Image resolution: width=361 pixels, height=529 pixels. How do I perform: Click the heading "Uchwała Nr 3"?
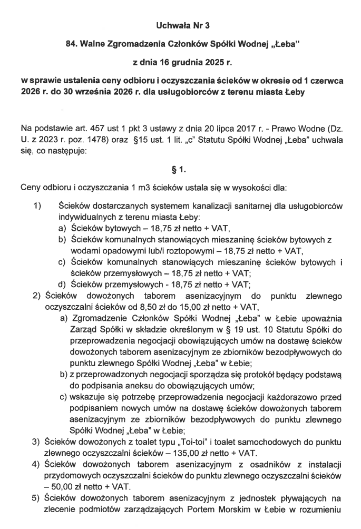(180, 25)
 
